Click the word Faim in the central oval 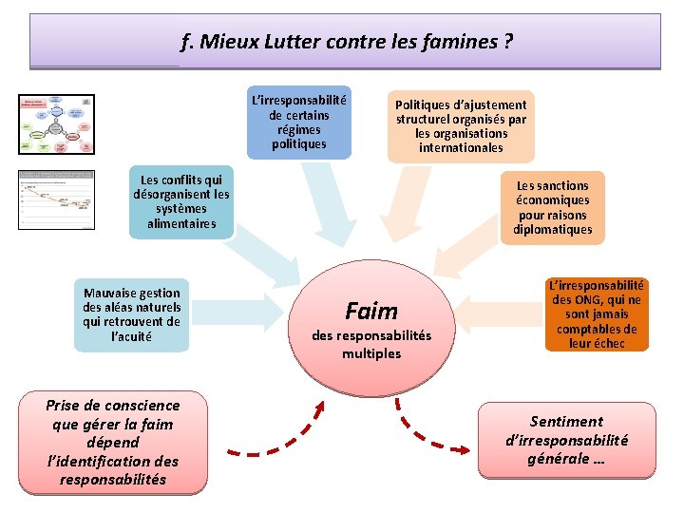pyautogui.click(x=371, y=311)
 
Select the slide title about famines pyautogui.click(x=346, y=42)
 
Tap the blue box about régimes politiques pyautogui.click(x=298, y=122)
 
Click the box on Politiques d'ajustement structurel pyautogui.click(x=461, y=126)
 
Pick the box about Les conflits pyautogui.click(x=181, y=201)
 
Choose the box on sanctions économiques pyautogui.click(x=552, y=207)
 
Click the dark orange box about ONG pyautogui.click(x=597, y=314)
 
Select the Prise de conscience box pyautogui.click(x=112, y=443)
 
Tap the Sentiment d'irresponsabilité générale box pyautogui.click(x=566, y=440)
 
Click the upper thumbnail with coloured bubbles pyautogui.click(x=57, y=123)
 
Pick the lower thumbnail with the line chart pyautogui.click(x=57, y=199)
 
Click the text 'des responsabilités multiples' pyautogui.click(x=371, y=344)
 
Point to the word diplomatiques pyautogui.click(x=552, y=229)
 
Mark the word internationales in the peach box pyautogui.click(x=461, y=147)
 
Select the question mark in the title pyautogui.click(x=508, y=42)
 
